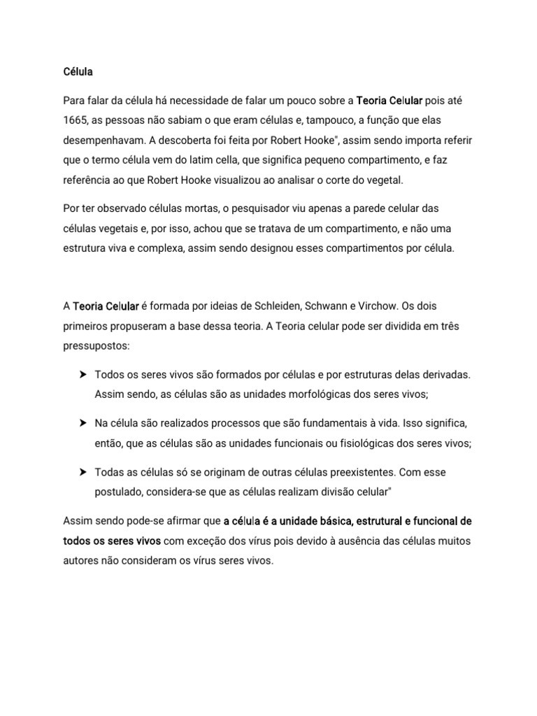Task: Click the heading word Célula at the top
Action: tap(78, 71)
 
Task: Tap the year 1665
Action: tap(76, 120)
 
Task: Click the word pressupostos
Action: tap(96, 345)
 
